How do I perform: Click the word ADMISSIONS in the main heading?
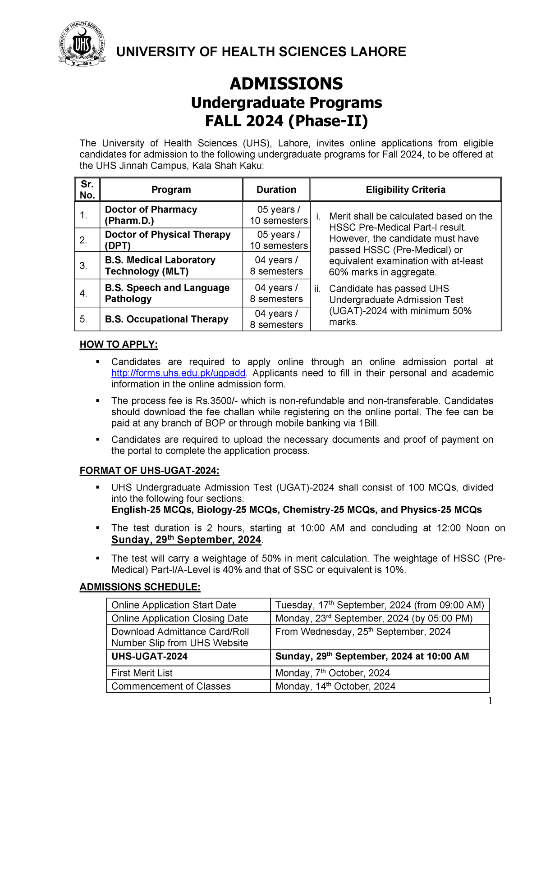pyautogui.click(x=286, y=84)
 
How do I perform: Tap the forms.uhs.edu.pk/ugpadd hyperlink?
pyautogui.click(x=179, y=373)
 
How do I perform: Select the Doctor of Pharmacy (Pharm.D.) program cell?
pyautogui.click(x=151, y=215)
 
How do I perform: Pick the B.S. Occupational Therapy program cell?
pyautogui.click(x=166, y=319)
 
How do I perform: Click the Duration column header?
pyautogui.click(x=276, y=190)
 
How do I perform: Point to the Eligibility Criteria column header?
pyautogui.click(x=405, y=190)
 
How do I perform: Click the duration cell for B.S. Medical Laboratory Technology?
pyautogui.click(x=276, y=265)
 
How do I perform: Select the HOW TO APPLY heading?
pyautogui.click(x=119, y=345)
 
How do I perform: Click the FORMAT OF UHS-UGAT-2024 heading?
pyautogui.click(x=149, y=471)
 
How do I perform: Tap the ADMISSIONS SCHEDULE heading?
pyautogui.click(x=140, y=587)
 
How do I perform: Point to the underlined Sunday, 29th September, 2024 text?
pyautogui.click(x=186, y=540)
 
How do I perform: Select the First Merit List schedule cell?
pyautogui.click(x=142, y=672)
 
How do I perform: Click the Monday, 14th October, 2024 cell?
pyautogui.click(x=335, y=686)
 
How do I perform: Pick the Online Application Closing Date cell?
pyautogui.click(x=179, y=618)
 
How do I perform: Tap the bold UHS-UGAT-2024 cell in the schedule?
pyautogui.click(x=149, y=656)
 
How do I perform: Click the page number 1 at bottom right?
pyautogui.click(x=490, y=700)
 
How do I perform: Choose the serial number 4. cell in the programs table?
pyautogui.click(x=83, y=293)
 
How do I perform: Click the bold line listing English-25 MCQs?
pyautogui.click(x=296, y=509)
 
